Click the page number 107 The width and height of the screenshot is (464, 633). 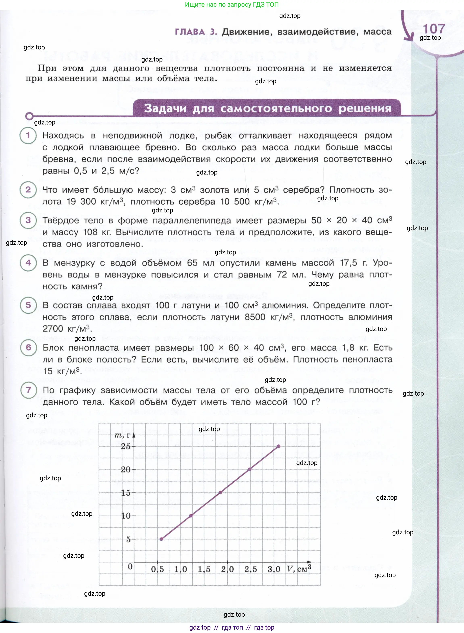[434, 29]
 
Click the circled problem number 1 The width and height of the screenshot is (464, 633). [28, 135]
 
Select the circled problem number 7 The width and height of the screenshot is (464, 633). [29, 390]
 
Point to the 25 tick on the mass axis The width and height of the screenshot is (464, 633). [126, 446]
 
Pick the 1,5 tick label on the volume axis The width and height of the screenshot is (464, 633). [204, 569]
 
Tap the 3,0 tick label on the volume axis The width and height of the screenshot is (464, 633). [274, 569]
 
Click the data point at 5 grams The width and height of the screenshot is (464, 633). [162, 539]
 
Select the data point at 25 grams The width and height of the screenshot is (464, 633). [278, 446]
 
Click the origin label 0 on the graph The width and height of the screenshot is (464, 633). [130, 566]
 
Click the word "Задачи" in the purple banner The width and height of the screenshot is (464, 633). [165, 109]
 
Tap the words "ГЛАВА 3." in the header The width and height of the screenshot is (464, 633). [196, 32]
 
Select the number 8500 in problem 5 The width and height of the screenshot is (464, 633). [255, 317]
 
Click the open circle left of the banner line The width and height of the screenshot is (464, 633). [29, 116]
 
